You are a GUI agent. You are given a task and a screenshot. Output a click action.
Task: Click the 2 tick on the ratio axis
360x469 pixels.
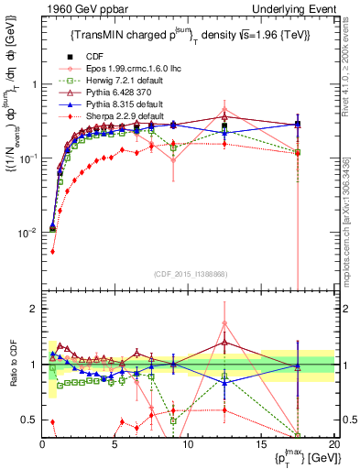[x=33, y=309]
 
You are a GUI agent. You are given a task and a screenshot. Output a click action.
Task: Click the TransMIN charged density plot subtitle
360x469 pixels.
[x=189, y=36]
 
